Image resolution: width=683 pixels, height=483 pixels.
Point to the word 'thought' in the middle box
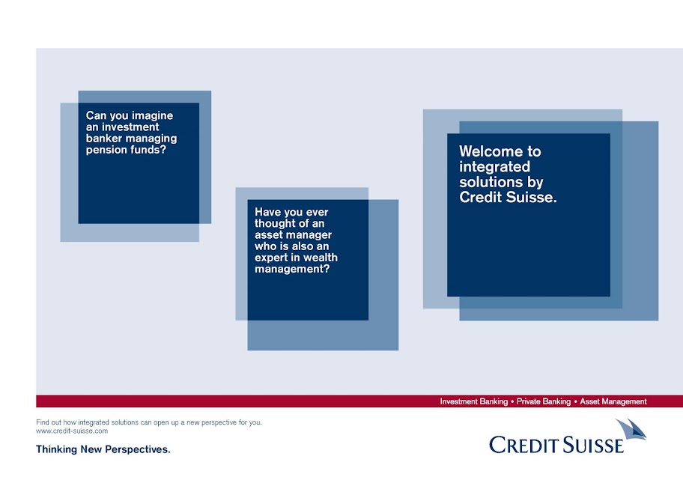click(274, 223)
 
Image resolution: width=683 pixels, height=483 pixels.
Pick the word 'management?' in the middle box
click(292, 269)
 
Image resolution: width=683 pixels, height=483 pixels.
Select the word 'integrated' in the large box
click(494, 167)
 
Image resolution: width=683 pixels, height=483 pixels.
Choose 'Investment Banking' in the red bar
click(474, 401)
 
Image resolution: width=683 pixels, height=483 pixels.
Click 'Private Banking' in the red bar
click(544, 401)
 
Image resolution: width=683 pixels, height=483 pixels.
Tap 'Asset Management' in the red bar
click(613, 401)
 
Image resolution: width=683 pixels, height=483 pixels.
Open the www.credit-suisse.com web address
click(72, 431)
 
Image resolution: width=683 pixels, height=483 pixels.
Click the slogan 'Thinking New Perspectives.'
click(103, 449)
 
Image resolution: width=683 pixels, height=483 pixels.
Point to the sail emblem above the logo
click(631, 429)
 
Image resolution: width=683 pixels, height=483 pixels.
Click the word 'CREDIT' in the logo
click(523, 445)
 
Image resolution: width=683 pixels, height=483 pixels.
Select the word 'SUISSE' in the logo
click(593, 445)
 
